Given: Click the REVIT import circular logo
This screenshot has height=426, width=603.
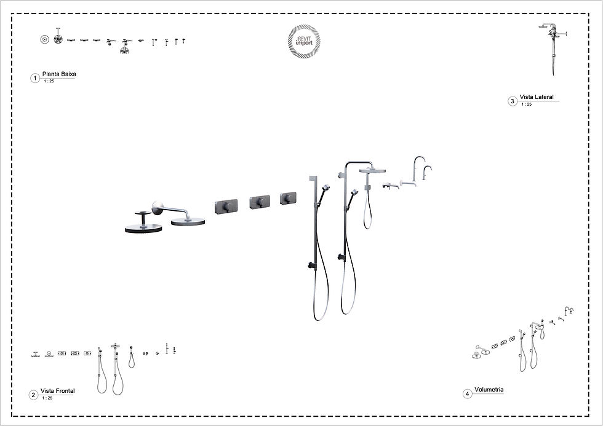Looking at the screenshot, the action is point(304,41).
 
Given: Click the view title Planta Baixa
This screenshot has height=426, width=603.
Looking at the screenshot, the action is point(59,74).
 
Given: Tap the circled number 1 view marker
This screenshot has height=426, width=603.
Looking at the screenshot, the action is point(35,78).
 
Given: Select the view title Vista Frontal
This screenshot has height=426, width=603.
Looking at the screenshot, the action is point(58,391).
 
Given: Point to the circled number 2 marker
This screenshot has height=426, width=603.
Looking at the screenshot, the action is point(33,395).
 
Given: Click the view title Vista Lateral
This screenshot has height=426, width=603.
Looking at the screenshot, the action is point(537,97).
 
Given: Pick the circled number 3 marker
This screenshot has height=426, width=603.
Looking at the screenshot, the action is point(512,101).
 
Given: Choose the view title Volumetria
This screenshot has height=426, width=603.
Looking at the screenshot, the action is point(489,390).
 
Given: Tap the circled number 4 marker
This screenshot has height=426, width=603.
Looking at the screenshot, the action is point(467,394).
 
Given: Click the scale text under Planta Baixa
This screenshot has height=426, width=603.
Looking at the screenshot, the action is point(49,81).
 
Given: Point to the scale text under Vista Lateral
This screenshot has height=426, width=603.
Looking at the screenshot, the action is point(527,104).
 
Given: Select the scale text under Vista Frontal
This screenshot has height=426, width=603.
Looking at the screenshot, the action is point(47,398).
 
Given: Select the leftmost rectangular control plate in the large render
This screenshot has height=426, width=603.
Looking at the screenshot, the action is point(226,207).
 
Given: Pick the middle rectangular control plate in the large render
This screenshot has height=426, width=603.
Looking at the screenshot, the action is point(260,202).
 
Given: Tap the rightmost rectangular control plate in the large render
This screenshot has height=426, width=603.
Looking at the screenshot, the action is point(288,198).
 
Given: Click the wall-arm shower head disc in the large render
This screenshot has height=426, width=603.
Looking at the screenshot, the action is point(188,222).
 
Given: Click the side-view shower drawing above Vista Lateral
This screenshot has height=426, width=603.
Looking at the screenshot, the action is point(553,49).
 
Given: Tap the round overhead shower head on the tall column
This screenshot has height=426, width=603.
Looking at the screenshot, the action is point(372,170).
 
